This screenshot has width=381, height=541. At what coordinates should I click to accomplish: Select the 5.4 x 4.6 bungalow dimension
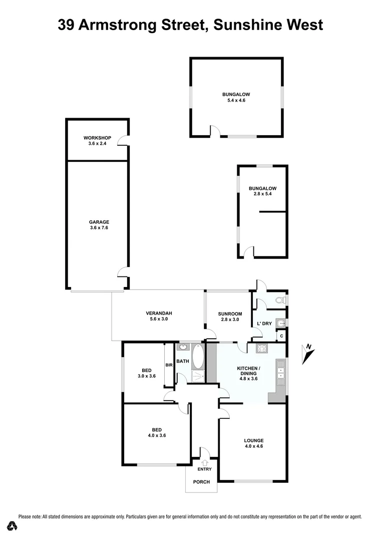point(236,100)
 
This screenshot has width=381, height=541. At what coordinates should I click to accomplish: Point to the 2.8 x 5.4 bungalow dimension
point(262,194)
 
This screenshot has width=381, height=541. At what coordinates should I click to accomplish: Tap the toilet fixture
point(281,301)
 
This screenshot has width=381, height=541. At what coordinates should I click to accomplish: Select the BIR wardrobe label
point(169,365)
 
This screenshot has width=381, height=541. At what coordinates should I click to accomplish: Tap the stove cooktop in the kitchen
point(261,349)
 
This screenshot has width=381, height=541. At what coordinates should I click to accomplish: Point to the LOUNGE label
point(254,440)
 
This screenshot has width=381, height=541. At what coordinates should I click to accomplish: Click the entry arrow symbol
point(204,463)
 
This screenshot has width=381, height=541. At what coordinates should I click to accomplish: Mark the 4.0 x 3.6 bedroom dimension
point(157,435)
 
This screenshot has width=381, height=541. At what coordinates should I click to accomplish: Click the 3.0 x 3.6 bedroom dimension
point(147,375)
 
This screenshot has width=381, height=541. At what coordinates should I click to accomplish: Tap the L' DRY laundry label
point(264,324)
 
